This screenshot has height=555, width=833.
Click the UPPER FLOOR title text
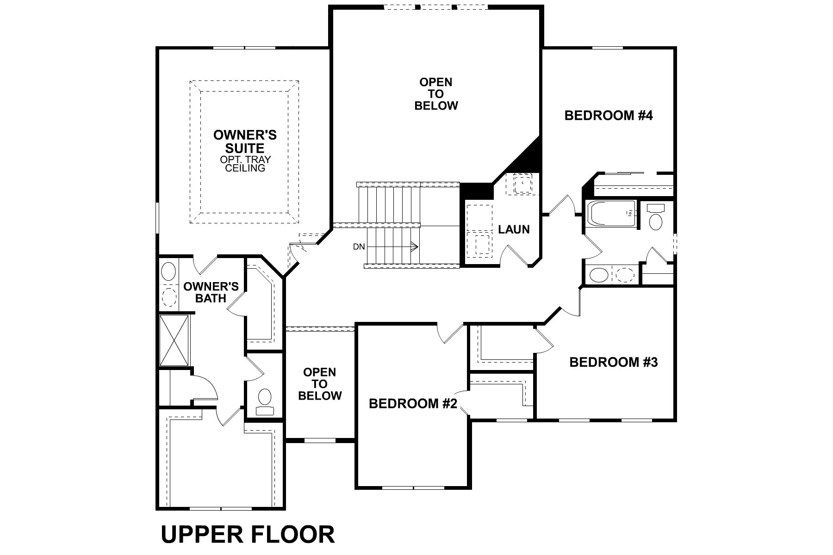(x=248, y=535)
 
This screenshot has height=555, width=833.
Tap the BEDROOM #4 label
(x=608, y=116)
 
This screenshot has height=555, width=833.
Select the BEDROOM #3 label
(x=613, y=362)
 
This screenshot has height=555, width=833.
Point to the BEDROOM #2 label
(x=413, y=404)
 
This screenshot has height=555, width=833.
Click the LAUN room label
(x=514, y=229)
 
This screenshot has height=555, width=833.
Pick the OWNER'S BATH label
(x=211, y=292)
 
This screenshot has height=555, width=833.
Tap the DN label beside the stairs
(x=359, y=247)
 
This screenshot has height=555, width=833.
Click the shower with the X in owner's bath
(x=174, y=340)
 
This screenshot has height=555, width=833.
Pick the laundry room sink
(x=522, y=184)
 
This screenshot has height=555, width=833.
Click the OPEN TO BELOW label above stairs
(x=436, y=94)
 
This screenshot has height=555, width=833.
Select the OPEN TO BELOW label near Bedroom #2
(x=319, y=384)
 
